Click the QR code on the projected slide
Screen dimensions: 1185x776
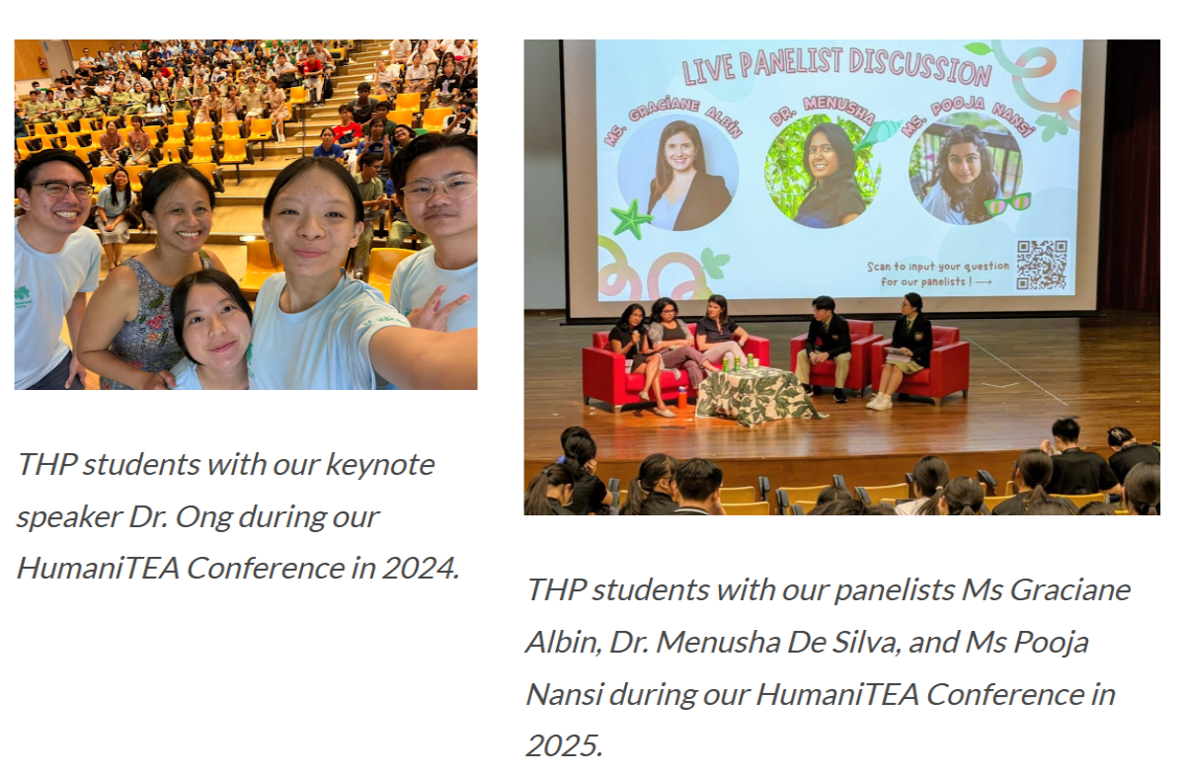pyautogui.click(x=1042, y=265)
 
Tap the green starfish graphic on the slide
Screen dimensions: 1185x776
pyautogui.click(x=631, y=219)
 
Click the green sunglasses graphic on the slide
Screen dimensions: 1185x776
pyautogui.click(x=1007, y=203)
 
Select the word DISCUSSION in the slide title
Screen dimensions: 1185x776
pyautogui.click(x=920, y=67)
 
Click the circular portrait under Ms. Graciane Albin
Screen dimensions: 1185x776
pyautogui.click(x=678, y=174)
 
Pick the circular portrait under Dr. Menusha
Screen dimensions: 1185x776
pyautogui.click(x=824, y=173)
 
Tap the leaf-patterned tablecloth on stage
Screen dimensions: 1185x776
pyautogui.click(x=756, y=395)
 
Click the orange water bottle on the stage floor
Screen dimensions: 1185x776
pyautogui.click(x=683, y=397)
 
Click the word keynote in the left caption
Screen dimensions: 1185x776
pyautogui.click(x=380, y=465)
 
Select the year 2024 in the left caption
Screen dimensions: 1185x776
pyautogui.click(x=421, y=568)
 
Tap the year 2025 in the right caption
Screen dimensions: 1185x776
pyautogui.click(x=564, y=745)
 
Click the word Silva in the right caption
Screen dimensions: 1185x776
pyautogui.click(x=867, y=642)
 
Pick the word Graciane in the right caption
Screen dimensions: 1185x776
pyautogui.click(x=1069, y=590)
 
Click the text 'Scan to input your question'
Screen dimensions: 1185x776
pyautogui.click(x=938, y=267)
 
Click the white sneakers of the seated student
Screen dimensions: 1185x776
pyautogui.click(x=879, y=402)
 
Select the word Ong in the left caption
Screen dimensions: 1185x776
pyautogui.click(x=203, y=516)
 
